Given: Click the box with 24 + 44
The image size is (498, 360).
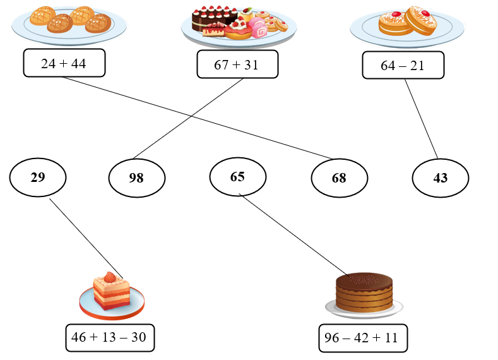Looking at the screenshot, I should [64, 63].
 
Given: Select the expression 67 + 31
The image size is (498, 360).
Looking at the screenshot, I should [237, 64].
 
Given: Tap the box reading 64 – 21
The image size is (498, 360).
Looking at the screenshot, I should [403, 65].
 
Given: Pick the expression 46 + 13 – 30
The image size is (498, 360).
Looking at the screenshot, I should [109, 337].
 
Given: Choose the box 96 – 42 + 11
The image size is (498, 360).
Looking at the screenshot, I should [362, 337].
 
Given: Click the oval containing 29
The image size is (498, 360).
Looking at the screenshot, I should [38, 177].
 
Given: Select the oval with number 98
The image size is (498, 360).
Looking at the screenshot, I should [136, 178].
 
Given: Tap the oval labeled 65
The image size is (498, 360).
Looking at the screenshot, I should [237, 177].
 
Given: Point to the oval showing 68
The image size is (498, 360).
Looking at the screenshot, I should [339, 178].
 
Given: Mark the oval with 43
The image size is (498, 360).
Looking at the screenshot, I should [440, 178].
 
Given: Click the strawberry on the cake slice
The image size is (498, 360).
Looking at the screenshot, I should [111, 277].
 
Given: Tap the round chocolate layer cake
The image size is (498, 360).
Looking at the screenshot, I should [364, 292].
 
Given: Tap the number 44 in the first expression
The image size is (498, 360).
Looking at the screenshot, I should [78, 63].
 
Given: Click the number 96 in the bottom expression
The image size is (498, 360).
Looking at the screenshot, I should [332, 337].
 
